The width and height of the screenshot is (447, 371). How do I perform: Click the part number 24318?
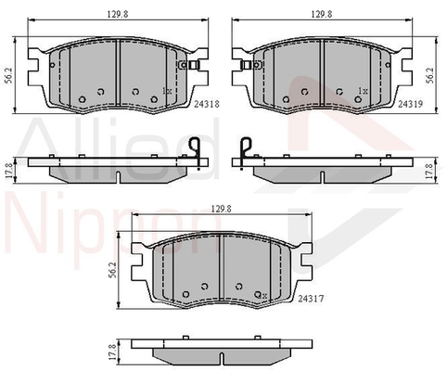pyautogui.click(x=207, y=104)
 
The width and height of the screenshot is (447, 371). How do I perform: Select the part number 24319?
pyautogui.click(x=410, y=104)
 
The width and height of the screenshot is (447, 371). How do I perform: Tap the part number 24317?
pyautogui.click(x=311, y=299)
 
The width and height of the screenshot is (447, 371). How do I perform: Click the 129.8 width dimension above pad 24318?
pyautogui.click(x=118, y=14)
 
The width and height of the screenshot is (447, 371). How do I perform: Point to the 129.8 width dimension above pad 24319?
pyautogui.click(x=322, y=14)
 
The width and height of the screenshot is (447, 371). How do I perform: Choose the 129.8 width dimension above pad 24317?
pyautogui.click(x=222, y=209)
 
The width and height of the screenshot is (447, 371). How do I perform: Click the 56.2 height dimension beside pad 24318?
pyautogui.click(x=9, y=76)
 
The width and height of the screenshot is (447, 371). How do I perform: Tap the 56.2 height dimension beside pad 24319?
pyautogui.click(x=429, y=76)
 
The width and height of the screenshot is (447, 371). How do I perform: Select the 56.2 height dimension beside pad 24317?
pyautogui.click(x=112, y=270)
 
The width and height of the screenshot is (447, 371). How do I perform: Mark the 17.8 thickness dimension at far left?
pyautogui.click(x=9, y=171)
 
